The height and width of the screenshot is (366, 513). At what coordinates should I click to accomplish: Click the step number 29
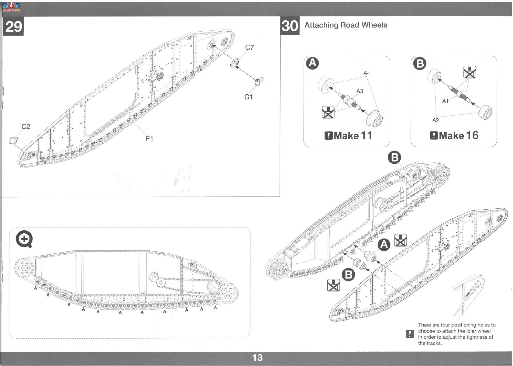point(13,26)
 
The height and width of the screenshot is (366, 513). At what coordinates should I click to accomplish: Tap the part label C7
point(250,47)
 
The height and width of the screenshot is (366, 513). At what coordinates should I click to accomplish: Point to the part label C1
point(249,97)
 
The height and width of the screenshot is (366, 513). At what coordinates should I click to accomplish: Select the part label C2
point(26,127)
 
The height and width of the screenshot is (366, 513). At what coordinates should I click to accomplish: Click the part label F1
point(149,138)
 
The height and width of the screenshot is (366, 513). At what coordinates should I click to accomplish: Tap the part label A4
point(367,73)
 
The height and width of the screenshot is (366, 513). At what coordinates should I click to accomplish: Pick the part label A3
point(360,91)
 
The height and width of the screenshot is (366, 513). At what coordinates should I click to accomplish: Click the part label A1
point(445,101)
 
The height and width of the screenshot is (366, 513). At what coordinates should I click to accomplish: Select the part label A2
point(436,120)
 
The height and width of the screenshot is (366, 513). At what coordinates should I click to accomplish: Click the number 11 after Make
point(367,135)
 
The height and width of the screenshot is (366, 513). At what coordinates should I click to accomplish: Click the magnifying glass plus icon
point(24,239)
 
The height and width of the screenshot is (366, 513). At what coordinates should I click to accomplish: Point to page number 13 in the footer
point(257,357)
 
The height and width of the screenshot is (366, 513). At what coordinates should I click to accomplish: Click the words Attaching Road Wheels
point(346,25)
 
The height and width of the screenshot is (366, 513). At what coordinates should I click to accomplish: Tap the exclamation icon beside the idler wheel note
point(410,334)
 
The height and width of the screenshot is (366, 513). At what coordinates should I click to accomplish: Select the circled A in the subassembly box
point(313,63)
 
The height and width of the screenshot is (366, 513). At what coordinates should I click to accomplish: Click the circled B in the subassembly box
point(420,63)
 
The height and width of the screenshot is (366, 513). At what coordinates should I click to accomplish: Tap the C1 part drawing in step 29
point(259,82)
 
